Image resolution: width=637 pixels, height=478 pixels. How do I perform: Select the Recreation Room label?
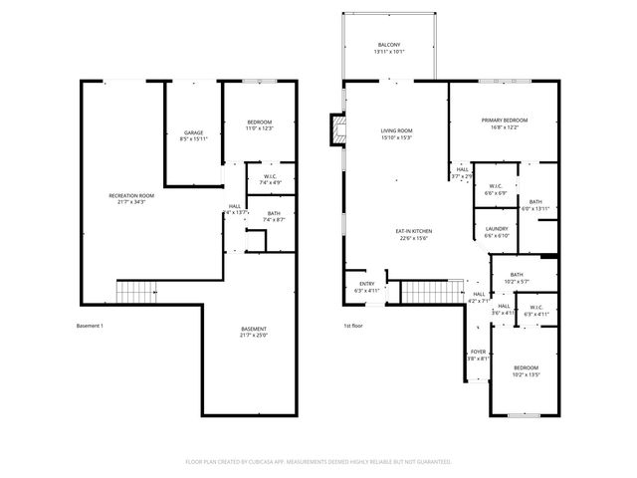[131, 198]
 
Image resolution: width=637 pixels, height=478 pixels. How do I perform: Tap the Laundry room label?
[496, 232]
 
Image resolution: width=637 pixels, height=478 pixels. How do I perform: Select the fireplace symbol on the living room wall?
[337, 129]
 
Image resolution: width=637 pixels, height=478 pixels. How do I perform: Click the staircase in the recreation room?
[137, 292]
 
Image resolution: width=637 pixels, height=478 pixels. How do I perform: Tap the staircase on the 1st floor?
[421, 293]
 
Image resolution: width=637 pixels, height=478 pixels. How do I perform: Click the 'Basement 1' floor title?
[90, 326]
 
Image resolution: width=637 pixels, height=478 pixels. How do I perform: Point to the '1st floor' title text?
[354, 326]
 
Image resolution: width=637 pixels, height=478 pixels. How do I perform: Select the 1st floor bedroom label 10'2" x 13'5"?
[526, 370]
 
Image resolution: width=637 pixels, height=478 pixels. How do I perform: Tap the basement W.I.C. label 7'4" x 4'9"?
[271, 180]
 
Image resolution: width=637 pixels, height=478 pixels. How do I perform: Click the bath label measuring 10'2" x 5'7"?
[517, 278]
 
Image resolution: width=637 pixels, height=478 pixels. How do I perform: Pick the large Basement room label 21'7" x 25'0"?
[254, 332]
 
